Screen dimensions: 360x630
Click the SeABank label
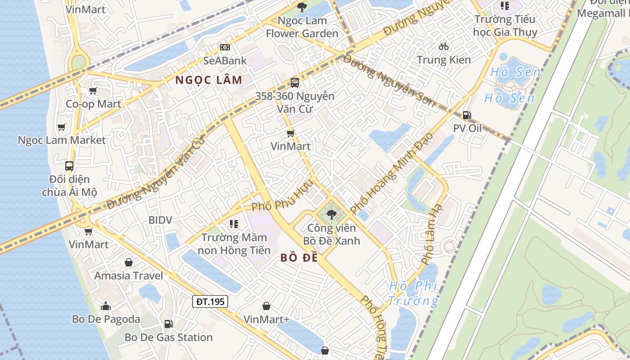pos(225,60)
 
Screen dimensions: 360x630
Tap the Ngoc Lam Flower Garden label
pos(302,27)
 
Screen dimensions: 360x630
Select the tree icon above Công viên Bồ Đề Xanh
pos(332,215)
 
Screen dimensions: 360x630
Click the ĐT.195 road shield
pos(210,301)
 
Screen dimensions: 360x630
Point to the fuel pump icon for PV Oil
pos(467,115)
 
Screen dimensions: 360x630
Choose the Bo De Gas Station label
pos(168,337)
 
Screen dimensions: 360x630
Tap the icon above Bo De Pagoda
pos(106,306)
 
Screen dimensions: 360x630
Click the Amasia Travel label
pos(129,275)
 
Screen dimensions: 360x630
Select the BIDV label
pos(161,220)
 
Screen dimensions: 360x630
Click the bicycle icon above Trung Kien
pos(444,46)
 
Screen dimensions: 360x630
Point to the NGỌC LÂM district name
pos(209,80)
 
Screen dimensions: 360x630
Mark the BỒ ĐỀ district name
pos(299,258)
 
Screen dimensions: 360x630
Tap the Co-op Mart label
pos(94,104)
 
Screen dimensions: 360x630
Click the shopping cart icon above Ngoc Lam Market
pos(62,127)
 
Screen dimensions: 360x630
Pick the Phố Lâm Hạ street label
pos(432,234)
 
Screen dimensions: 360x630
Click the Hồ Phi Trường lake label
pos(413,293)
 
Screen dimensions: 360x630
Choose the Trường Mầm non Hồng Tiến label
pos(234,244)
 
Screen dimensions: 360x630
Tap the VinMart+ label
pos(266,319)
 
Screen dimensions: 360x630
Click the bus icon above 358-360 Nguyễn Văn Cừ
pos(295,83)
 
